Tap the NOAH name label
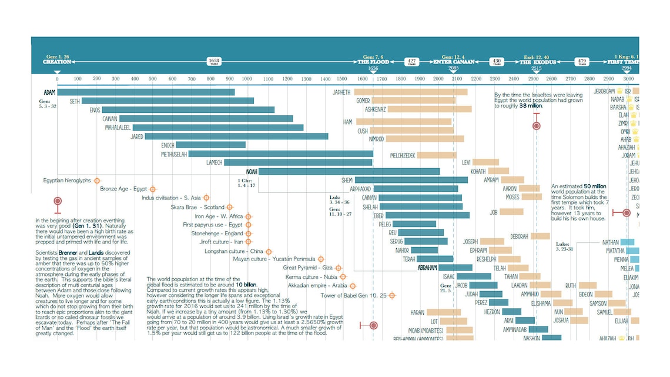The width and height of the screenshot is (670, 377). point(252,171)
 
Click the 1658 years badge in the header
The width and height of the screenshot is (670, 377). point(214,61)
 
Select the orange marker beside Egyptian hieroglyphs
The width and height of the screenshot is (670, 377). point(97,181)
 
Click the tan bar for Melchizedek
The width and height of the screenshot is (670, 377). point(437,155)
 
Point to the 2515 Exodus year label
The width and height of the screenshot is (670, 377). point(536,68)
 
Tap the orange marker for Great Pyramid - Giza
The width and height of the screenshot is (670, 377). point(339,268)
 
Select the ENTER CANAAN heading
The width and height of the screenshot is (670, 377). point(454,61)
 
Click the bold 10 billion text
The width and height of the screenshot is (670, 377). point(247,284)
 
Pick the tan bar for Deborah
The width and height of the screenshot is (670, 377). point(540,236)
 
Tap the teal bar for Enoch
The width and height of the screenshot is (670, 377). point(210,145)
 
